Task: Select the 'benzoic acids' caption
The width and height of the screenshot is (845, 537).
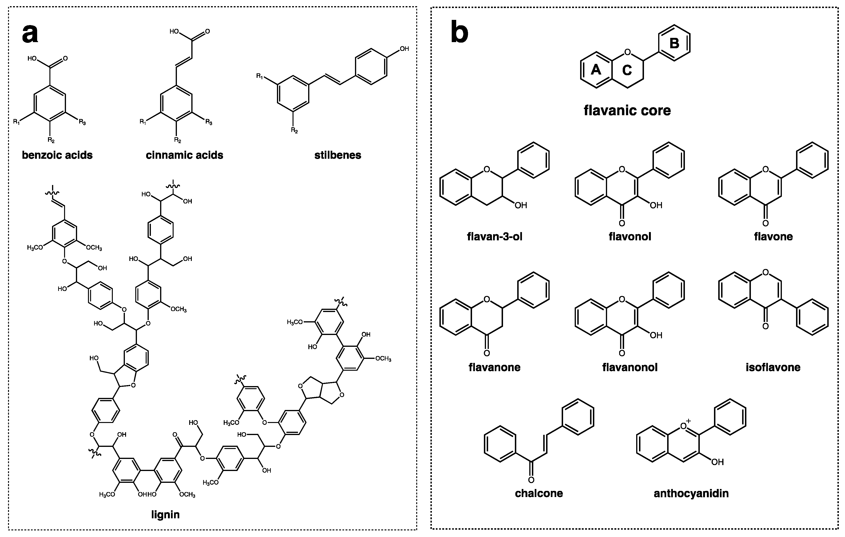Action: click(57, 155)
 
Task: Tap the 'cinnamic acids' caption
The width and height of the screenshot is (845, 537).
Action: click(184, 155)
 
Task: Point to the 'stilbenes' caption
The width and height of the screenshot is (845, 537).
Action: click(337, 155)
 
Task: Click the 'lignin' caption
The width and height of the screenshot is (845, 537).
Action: click(165, 515)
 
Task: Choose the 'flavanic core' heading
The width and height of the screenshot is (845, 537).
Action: click(627, 110)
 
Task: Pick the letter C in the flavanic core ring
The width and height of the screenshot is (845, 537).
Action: click(627, 70)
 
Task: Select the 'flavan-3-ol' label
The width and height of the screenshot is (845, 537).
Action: click(495, 237)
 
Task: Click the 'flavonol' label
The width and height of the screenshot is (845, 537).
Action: click(630, 237)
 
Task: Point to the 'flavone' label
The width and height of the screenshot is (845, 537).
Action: click(773, 237)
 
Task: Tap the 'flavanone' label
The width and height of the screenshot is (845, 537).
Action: click(495, 367)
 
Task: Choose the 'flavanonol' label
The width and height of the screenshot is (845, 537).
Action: click(630, 367)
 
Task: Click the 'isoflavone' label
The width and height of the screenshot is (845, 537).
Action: click(773, 367)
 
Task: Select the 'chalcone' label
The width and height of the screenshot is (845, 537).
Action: click(539, 493)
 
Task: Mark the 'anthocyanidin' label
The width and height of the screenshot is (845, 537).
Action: click(691, 493)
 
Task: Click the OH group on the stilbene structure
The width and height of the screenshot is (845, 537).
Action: click(404, 49)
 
